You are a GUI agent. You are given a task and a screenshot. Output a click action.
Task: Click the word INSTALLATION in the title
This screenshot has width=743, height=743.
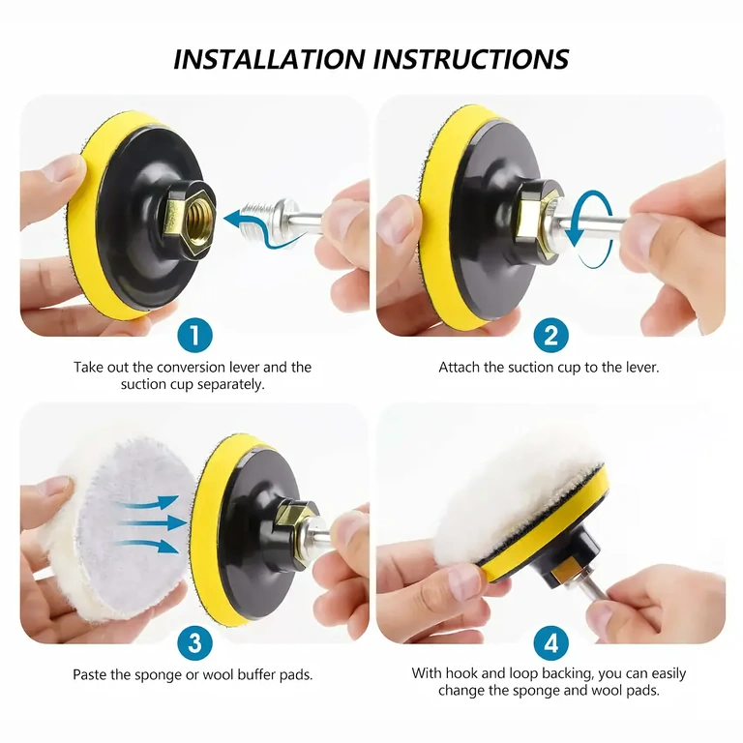pos(268,58)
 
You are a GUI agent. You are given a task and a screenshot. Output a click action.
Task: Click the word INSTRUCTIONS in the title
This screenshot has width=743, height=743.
pos(469,58)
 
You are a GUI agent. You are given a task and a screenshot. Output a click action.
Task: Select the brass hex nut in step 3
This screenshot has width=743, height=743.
pos(298,520)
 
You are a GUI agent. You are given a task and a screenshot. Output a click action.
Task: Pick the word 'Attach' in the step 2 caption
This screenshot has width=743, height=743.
pos(460,368)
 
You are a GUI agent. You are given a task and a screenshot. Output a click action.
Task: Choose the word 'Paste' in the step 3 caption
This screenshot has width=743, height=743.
pos(92,674)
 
